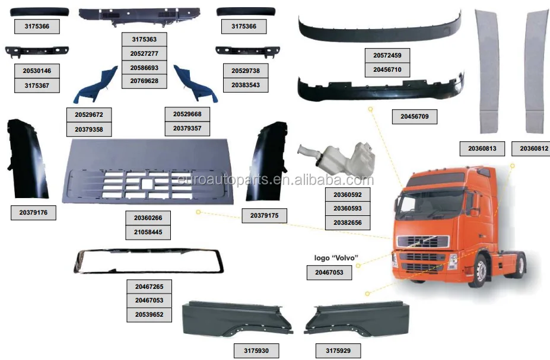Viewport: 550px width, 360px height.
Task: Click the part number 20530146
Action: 37,71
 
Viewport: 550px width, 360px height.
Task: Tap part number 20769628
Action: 144,81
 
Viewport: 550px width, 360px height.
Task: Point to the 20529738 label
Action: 245,71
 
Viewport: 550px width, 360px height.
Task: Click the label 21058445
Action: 148,232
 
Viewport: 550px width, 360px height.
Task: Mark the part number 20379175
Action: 264,216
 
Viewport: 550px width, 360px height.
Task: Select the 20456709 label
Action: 415,117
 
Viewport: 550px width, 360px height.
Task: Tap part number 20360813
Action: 482,148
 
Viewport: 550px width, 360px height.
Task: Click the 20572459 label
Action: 387,56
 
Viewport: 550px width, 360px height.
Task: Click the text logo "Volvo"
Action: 336,257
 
